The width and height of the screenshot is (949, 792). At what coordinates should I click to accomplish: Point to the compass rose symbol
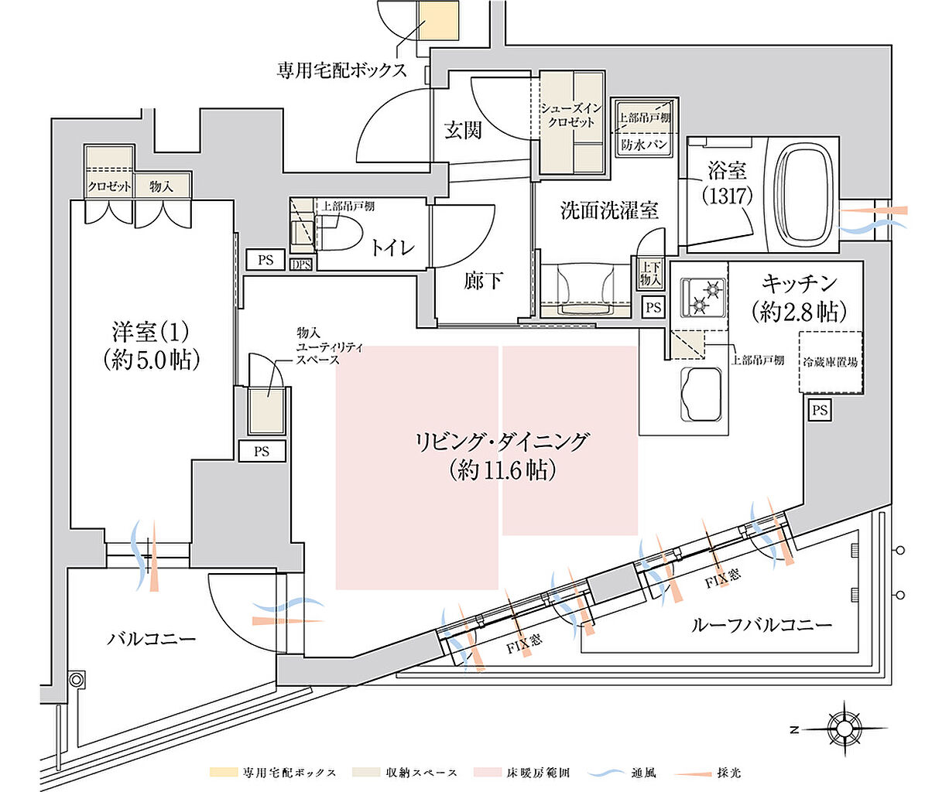click(x=843, y=728)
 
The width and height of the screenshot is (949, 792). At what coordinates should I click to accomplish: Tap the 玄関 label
click(x=463, y=130)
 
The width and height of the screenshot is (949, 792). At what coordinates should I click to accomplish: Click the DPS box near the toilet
click(x=301, y=264)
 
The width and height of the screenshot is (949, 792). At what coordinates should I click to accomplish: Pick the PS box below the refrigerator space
click(x=819, y=411)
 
